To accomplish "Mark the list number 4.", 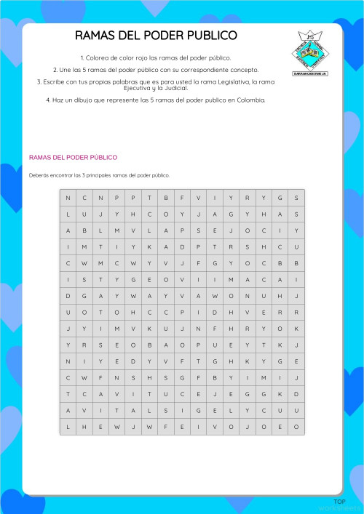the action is (x=47, y=100).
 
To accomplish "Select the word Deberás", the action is (x=39, y=175).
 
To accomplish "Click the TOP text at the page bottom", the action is (x=339, y=502).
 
